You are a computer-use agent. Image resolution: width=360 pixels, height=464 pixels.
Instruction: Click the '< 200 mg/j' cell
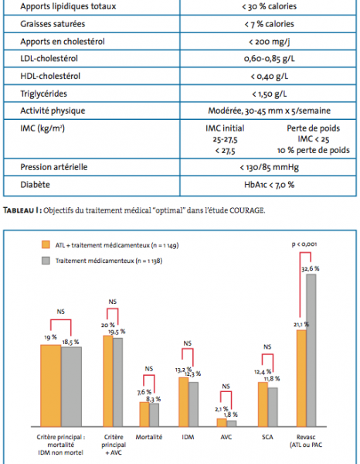pyautogui.click(x=270, y=42)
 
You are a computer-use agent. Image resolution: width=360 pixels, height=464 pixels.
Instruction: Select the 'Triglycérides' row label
pyautogui.click(x=44, y=94)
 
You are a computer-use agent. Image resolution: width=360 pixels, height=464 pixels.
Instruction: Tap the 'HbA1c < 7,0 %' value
pyautogui.click(x=270, y=185)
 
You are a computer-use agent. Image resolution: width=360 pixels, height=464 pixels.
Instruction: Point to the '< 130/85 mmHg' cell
pyautogui.click(x=270, y=168)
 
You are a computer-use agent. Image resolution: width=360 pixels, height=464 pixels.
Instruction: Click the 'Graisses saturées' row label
pyautogui.click(x=53, y=24)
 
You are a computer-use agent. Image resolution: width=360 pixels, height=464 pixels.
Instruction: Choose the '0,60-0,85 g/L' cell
pyautogui.click(x=270, y=59)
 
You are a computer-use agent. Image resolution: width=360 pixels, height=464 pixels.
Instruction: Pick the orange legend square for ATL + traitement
pyautogui.click(x=46, y=244)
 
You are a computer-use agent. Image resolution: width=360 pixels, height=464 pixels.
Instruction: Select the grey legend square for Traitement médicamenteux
pyautogui.click(x=46, y=261)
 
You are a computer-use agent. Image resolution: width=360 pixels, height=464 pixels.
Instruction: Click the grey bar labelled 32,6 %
pyautogui.click(x=311, y=350)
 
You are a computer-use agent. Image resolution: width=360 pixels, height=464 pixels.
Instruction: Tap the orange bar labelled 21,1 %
pyautogui.click(x=301, y=378)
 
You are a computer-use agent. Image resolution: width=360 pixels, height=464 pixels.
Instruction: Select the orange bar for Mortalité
pyautogui.click(x=144, y=415)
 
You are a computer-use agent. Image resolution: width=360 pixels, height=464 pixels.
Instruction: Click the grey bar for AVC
pyautogui.click(x=232, y=424)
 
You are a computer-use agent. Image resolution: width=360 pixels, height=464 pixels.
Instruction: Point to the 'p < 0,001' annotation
pyautogui.click(x=304, y=244)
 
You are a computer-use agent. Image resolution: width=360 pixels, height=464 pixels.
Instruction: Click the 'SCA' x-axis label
pyautogui.click(x=267, y=437)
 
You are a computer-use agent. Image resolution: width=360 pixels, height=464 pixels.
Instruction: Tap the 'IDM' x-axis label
pyautogui.click(x=188, y=437)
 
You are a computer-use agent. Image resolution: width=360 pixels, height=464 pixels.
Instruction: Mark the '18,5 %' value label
pyautogui.click(x=70, y=342)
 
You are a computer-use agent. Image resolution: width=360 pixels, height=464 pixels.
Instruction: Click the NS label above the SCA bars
pyautogui.click(x=267, y=346)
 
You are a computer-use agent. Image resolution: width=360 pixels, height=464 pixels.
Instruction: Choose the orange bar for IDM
pyautogui.click(x=184, y=402)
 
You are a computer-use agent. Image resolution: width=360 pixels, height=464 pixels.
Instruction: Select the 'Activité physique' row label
pyautogui.click(x=53, y=111)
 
